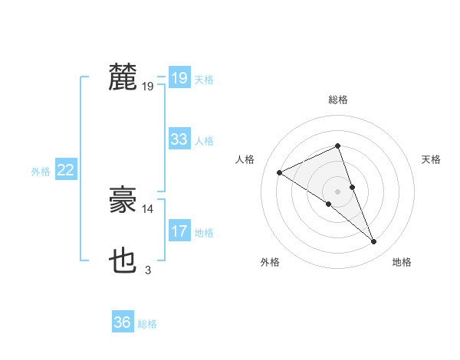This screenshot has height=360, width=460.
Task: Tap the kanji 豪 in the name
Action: point(123,200)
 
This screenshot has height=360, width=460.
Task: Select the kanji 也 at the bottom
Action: point(123,261)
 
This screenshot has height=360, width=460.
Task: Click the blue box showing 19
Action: point(179,77)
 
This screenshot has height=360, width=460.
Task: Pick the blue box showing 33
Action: point(179,139)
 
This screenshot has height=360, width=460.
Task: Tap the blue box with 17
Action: point(179,231)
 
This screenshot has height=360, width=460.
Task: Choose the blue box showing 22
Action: point(65,170)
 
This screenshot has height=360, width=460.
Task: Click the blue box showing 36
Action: point(122,322)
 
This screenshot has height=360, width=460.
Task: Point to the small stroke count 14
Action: point(148,208)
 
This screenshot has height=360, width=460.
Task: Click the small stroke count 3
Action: point(148,270)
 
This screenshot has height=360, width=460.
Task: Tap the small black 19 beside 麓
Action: point(148,86)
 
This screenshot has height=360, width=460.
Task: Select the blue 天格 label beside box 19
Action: point(204,79)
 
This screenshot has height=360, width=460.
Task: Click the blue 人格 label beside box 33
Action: point(204,141)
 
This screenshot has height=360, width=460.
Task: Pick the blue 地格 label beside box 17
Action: point(204,233)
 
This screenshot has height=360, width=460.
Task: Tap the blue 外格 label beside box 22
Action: point(41,172)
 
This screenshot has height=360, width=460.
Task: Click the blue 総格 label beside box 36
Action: point(147,324)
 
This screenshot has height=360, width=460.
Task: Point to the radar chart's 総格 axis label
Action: point(338,100)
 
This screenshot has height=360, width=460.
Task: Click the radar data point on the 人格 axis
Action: point(280,172)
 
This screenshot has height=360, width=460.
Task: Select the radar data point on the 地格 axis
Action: point(374,242)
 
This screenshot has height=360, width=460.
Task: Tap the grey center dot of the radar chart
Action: point(337,191)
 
